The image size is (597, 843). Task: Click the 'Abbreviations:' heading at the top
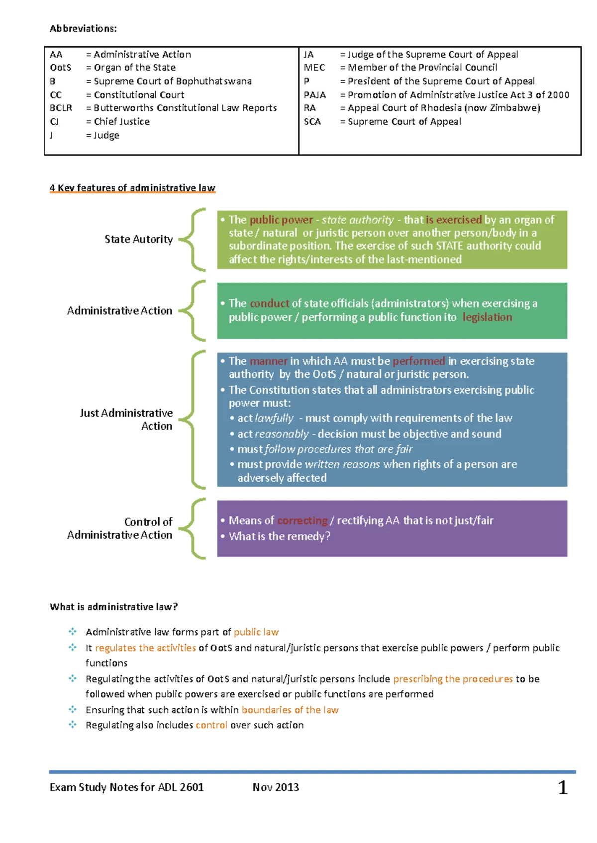pos(83,28)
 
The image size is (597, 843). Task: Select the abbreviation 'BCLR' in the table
pos(61,108)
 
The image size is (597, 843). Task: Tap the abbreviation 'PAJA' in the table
pos(314,94)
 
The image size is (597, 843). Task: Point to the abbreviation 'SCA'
pos(312,121)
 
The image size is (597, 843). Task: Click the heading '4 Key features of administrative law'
pos(132,188)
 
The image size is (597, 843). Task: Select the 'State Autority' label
pos(138,239)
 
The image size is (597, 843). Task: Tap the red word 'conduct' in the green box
pos(269,303)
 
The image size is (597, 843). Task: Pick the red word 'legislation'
pos(487,317)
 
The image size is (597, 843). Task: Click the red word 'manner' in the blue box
pos(268,361)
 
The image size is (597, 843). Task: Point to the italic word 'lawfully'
pos(274,419)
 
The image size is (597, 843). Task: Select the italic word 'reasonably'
pos(282,434)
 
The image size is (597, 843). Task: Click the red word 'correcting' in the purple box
pos(302,520)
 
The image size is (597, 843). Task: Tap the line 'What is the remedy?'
pos(279,536)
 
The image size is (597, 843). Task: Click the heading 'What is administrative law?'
pos(113,607)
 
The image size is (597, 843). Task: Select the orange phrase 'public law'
pos(256,632)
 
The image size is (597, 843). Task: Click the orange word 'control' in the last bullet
pos(211,725)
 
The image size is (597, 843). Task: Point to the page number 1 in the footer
pos(563,787)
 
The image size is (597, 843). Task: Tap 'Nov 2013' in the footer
pos(276,787)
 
